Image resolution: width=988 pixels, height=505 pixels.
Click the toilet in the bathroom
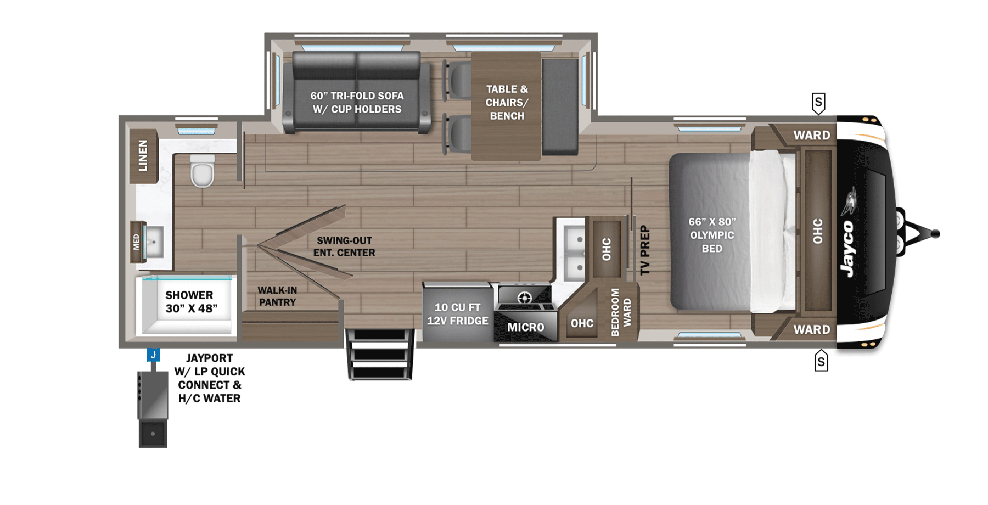202,171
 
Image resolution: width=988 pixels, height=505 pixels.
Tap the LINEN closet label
143,155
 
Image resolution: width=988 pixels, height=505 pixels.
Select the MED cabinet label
136,242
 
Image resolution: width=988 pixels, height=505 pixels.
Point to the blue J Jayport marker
153,355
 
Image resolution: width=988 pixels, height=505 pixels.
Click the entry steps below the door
380,354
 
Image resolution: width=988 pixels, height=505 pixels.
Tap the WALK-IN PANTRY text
277,296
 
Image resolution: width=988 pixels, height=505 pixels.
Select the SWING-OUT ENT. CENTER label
344,246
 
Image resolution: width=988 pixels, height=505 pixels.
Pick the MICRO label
526,327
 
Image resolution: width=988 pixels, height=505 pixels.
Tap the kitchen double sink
575,253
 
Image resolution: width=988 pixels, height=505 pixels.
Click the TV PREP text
645,250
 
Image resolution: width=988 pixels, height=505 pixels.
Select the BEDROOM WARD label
621,312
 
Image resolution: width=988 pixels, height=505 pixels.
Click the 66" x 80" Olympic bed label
712,235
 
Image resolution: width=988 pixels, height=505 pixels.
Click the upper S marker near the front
818,103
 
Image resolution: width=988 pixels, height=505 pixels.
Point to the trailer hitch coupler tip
935,234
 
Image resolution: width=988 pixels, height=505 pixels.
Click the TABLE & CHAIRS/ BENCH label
507,103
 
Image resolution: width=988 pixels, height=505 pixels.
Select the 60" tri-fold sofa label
357,103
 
